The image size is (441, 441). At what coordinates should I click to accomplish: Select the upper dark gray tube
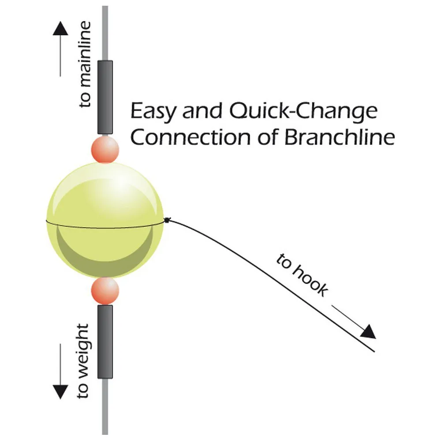pos(105,97)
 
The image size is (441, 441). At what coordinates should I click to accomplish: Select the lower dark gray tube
pos(105,341)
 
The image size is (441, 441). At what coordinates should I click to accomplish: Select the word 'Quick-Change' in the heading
pos(304,112)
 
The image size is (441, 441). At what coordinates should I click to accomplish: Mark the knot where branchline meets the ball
pos(167,220)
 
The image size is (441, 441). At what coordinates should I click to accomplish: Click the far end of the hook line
pos(374,351)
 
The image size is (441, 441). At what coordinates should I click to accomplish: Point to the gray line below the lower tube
pos(105,408)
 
